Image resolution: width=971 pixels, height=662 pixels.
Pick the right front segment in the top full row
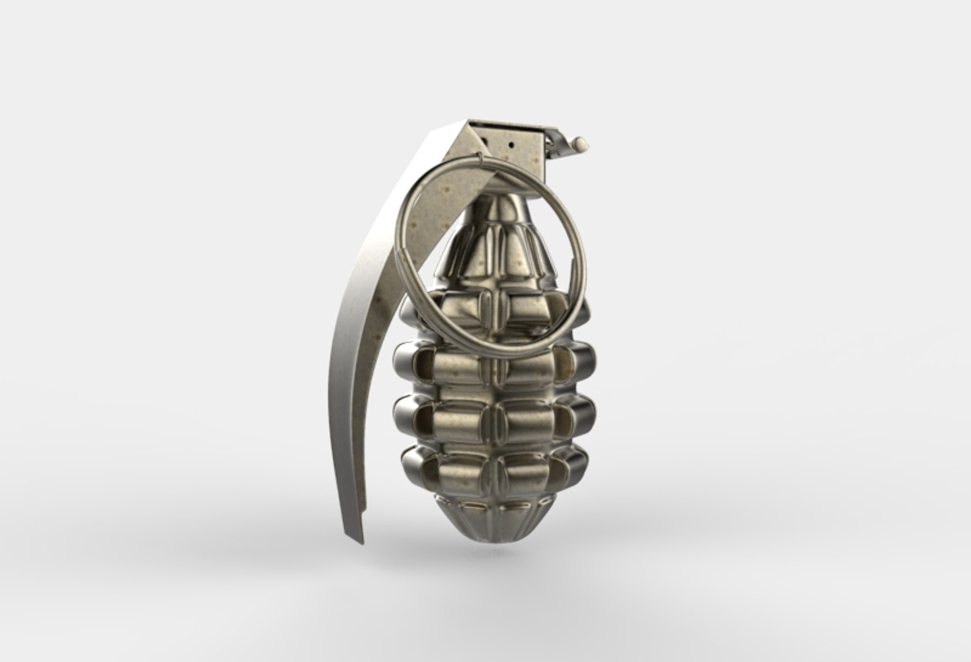point(527,368)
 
